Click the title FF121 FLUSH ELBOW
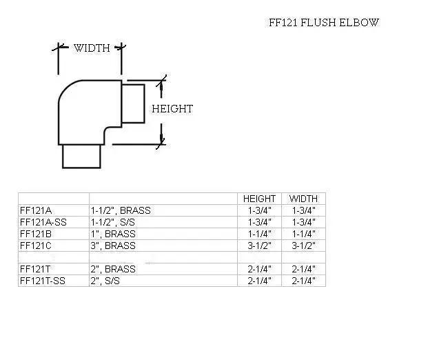pos(323,23)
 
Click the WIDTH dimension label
pos(92,48)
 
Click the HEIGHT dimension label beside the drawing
pos(172,109)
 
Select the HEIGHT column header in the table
pos(260,199)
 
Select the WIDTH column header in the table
pos(303,199)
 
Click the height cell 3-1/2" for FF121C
pos(260,245)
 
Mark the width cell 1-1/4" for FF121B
pos(303,234)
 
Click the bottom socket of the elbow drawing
pos(81,157)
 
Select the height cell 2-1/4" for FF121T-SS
pos(260,281)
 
